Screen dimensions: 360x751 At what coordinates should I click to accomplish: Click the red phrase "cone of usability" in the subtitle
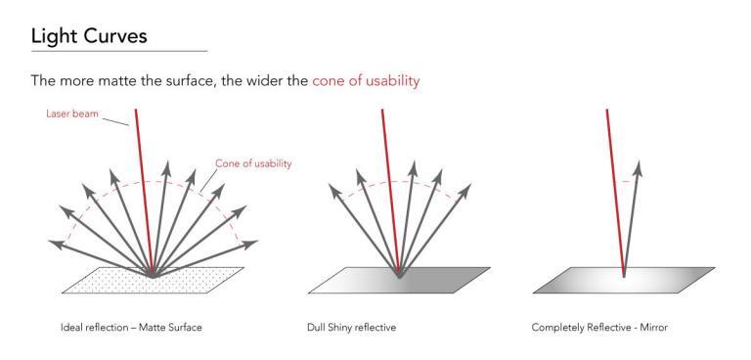click(x=366, y=81)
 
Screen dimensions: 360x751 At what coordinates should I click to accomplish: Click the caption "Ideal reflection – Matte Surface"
click(x=132, y=326)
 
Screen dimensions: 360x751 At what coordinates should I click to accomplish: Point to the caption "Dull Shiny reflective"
click(x=353, y=326)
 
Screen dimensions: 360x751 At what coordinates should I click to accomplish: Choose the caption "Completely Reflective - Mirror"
click(x=599, y=326)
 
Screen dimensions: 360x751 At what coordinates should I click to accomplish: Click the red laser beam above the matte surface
click(x=145, y=186)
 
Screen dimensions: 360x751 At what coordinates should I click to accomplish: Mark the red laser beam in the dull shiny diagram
click(x=389, y=186)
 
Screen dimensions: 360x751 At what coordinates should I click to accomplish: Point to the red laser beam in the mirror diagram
click(x=615, y=186)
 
